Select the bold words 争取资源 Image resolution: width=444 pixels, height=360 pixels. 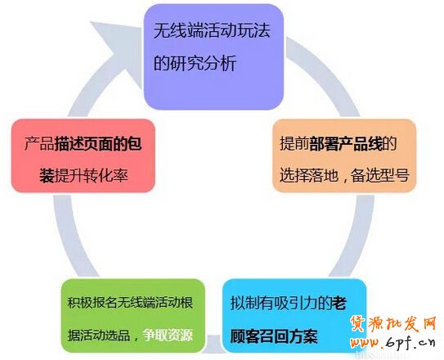tap(169, 334)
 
